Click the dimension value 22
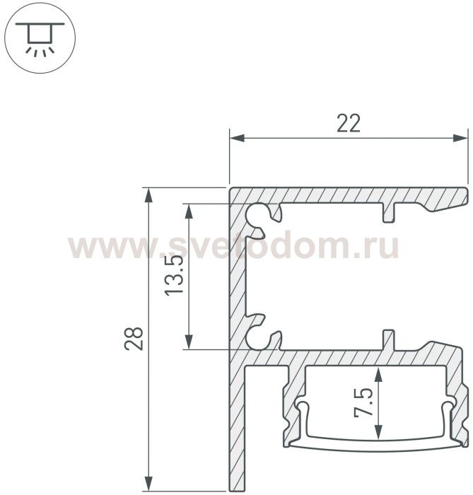tap(349, 124)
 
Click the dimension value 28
tap(134, 339)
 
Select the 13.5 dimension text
tap(174, 275)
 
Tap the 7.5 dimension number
tap(363, 404)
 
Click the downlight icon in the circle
tap(40, 39)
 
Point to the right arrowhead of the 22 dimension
tap(460, 138)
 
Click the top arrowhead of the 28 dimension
tap(148, 195)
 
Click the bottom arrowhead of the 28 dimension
tap(148, 483)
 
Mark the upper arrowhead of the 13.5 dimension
tap(189, 211)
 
